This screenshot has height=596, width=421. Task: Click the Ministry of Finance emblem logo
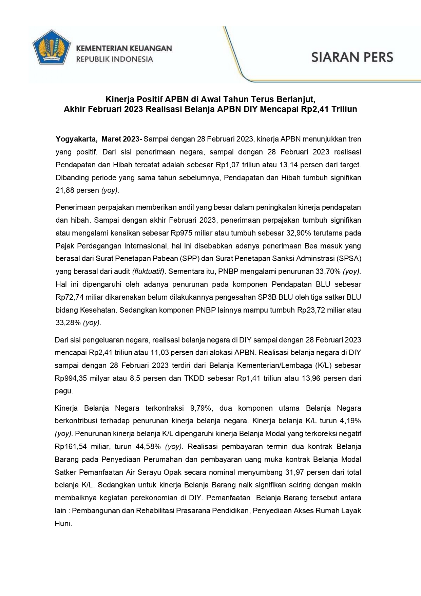click(52, 51)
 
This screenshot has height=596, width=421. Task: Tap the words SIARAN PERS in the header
click(352, 57)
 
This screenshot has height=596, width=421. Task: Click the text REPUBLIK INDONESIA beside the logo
click(114, 59)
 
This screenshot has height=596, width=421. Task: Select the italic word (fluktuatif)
click(149, 271)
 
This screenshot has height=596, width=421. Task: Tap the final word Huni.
click(63, 523)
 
